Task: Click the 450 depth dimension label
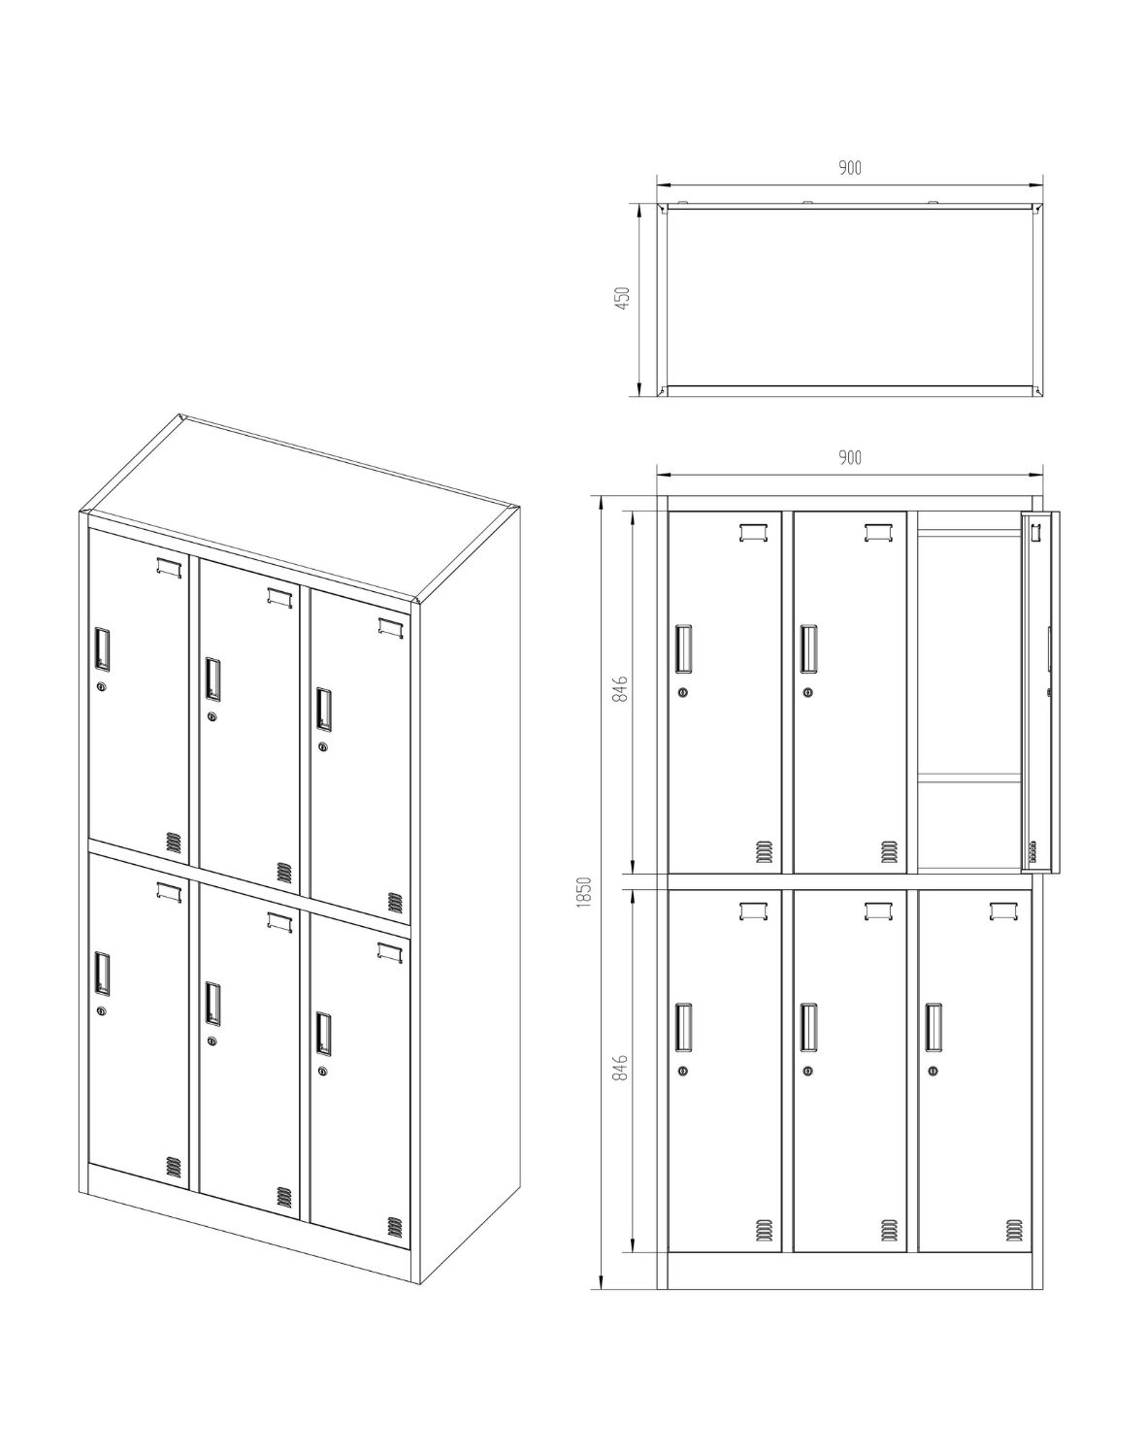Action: pos(623,298)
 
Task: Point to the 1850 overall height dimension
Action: pos(585,892)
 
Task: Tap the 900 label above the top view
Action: pos(850,168)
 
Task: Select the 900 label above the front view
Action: pos(850,458)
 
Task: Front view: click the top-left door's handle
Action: pos(683,648)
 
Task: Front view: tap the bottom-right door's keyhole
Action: pos(933,1071)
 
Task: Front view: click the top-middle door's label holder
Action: pos(877,533)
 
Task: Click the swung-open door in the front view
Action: pos(1040,693)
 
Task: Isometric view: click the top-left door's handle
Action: pos(102,648)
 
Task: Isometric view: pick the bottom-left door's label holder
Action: pos(169,892)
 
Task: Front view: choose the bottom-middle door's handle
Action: pos(808,1028)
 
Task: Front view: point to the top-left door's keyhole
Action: pos(682,692)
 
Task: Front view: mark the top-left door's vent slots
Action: pos(764,851)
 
